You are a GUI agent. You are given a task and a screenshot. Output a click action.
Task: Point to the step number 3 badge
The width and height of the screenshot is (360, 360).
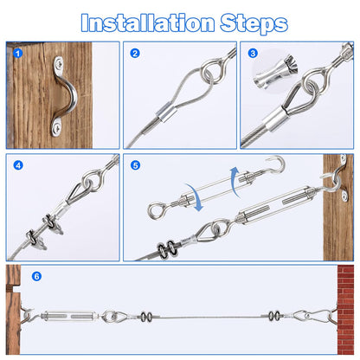coord(254,54)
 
